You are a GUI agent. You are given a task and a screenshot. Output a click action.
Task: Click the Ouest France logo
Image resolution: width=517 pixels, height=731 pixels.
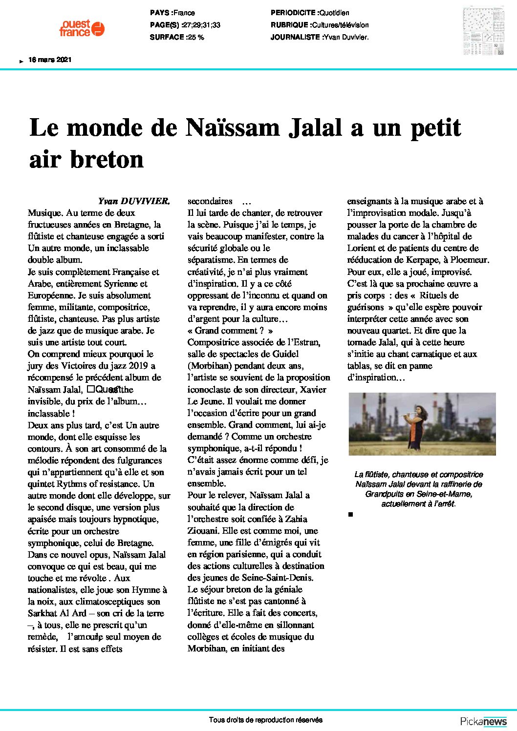point(82,28)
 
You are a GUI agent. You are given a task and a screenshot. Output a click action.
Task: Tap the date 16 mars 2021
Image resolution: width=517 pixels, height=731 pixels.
point(50,60)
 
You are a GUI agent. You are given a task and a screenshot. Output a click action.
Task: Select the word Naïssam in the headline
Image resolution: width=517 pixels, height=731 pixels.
point(232,127)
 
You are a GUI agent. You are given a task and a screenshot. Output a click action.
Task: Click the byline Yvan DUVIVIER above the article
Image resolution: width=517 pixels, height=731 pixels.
point(134,201)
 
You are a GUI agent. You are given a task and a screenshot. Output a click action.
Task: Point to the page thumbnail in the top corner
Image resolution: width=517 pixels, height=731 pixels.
point(483,31)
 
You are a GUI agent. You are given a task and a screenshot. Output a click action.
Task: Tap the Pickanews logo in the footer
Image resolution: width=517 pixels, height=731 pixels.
point(483,721)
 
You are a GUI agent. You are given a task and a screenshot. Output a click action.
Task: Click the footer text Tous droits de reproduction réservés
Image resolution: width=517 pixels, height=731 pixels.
point(265,720)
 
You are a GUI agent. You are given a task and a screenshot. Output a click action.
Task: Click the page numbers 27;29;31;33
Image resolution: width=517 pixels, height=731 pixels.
point(200,25)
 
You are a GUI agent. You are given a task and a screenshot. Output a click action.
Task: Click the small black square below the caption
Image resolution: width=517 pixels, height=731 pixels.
point(350,514)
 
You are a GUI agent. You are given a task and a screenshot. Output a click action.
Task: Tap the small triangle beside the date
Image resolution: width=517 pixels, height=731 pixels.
point(21,61)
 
